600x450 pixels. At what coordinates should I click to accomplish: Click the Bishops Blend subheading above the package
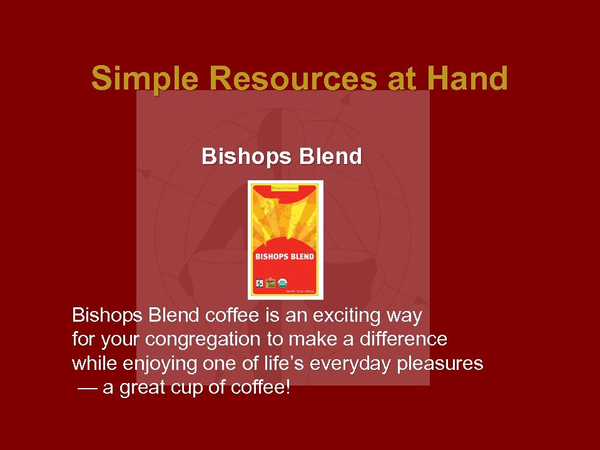click(x=282, y=156)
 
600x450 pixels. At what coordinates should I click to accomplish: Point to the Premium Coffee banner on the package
click(x=284, y=188)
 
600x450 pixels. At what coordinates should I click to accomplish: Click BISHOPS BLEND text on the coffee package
click(x=285, y=257)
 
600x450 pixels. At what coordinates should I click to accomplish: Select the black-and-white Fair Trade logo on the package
click(x=257, y=284)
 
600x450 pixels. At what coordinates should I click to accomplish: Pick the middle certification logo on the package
click(x=270, y=283)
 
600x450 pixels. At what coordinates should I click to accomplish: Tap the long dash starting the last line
click(x=88, y=389)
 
